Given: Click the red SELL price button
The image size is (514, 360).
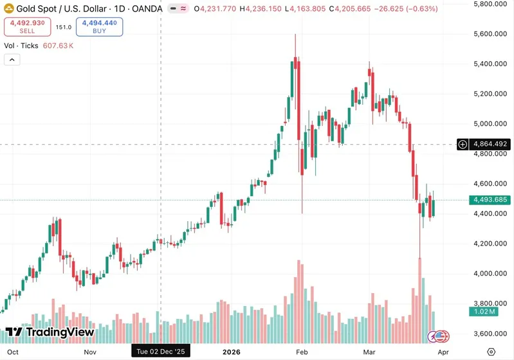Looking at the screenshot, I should [x=26, y=26].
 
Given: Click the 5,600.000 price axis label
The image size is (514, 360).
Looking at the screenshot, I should [x=491, y=33].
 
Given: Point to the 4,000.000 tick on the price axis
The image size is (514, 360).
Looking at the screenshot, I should [x=491, y=273].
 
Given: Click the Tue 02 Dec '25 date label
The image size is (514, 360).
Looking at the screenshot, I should [x=160, y=352].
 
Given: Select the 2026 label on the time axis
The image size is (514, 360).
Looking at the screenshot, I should [x=230, y=352].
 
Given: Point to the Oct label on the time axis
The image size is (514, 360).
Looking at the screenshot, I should [x=12, y=352].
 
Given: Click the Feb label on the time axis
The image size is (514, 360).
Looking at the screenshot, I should [x=300, y=352].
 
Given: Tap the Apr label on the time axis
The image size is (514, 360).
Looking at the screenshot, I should [x=443, y=352].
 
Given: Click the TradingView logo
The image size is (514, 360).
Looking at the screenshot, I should [x=50, y=332].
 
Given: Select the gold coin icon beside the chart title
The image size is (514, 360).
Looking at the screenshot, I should [x=10, y=9].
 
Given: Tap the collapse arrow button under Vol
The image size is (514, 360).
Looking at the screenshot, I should [x=12, y=60].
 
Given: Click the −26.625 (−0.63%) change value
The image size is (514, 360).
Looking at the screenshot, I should [x=405, y=9].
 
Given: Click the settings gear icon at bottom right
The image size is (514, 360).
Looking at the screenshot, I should [x=491, y=352].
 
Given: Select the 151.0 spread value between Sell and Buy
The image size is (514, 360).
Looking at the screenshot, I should [x=63, y=27].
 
